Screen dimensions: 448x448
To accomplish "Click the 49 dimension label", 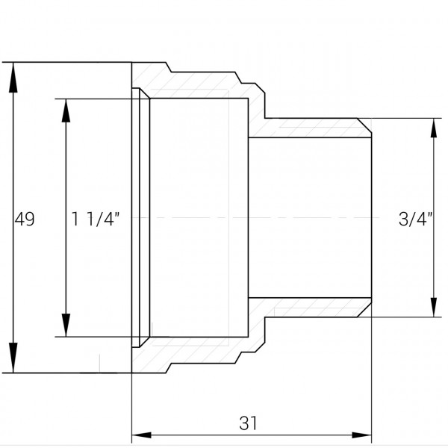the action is coord(25,219).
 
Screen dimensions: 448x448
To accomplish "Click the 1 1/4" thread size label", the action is coord(95,219).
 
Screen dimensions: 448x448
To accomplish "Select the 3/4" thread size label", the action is coord(415,219).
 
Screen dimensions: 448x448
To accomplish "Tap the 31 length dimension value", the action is coord(248,423).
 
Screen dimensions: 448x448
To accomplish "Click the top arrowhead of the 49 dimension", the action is coord(13,78).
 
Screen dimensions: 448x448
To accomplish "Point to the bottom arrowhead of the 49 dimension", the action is coord(13,358).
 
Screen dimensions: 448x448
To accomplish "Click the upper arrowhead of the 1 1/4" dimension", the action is coord(66,111).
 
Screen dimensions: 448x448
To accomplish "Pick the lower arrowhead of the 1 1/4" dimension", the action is coord(66,325).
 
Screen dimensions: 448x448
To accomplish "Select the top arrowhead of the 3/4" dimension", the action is coord(434,128).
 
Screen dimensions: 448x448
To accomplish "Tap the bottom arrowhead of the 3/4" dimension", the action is coord(434,307).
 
